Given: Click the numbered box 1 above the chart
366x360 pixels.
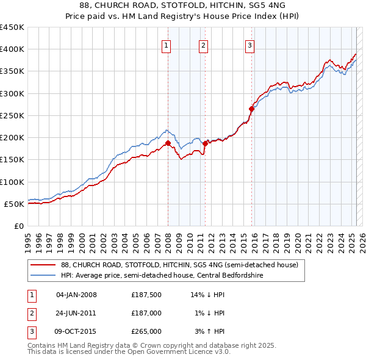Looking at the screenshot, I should point(167,44).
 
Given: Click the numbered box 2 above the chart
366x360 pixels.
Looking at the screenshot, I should point(203,44).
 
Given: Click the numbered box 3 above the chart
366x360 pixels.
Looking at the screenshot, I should point(250,44).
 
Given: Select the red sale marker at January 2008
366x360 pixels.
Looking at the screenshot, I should point(168,143).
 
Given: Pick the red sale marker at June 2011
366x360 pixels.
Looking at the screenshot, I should point(205,143).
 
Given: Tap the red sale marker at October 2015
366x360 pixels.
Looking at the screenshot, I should point(251,109).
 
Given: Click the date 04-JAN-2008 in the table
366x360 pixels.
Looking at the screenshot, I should point(76,295).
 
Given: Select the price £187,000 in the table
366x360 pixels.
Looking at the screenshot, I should point(146,312).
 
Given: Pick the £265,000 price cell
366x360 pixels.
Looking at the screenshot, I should point(146,331).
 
